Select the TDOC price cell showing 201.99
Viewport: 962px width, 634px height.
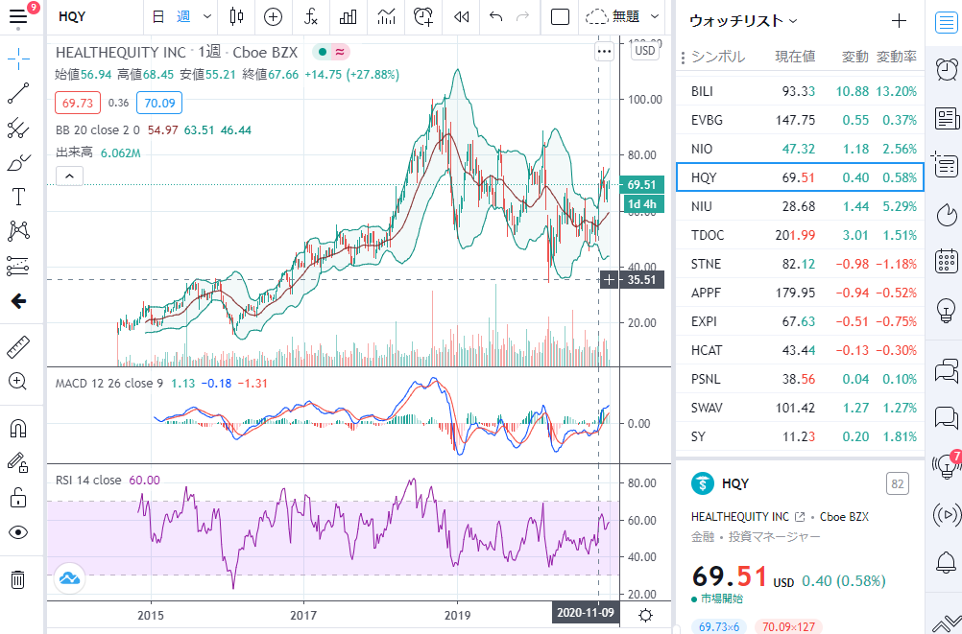[793, 235]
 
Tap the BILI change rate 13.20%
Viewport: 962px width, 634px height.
[896, 91]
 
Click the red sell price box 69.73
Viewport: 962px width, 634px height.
[77, 103]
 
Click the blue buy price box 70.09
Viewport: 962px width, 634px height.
[158, 103]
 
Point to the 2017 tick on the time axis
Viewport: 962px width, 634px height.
[304, 615]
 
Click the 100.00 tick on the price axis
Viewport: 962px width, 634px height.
[644, 99]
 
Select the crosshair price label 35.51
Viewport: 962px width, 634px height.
[639, 280]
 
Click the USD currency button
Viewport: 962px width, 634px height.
[645, 51]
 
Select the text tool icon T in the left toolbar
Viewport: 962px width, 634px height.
[17, 198]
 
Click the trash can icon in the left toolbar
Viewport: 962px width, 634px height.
[17, 579]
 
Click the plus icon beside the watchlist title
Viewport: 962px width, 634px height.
[899, 20]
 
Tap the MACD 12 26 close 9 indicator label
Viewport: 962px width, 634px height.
[108, 384]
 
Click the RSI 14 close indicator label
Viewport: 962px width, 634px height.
[88, 480]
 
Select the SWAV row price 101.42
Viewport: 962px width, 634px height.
[794, 408]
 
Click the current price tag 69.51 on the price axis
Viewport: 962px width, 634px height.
[641, 184]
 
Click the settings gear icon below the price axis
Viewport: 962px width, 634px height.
[647, 616]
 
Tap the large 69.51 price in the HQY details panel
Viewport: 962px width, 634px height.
[730, 577]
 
